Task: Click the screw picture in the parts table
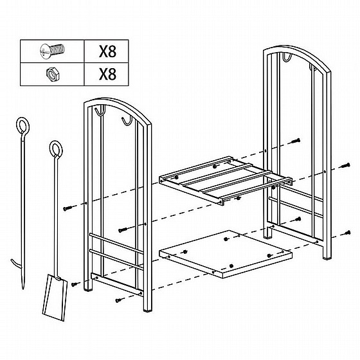pyautogui.click(x=52, y=51)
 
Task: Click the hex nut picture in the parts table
pyautogui.click(x=53, y=74)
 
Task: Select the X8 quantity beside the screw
pyautogui.click(x=107, y=51)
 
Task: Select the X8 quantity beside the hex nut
pyautogui.click(x=107, y=74)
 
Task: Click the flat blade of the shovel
pyautogui.click(x=55, y=297)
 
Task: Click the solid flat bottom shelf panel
pyautogui.click(x=225, y=254)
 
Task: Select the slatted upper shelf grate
pyautogui.click(x=225, y=181)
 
